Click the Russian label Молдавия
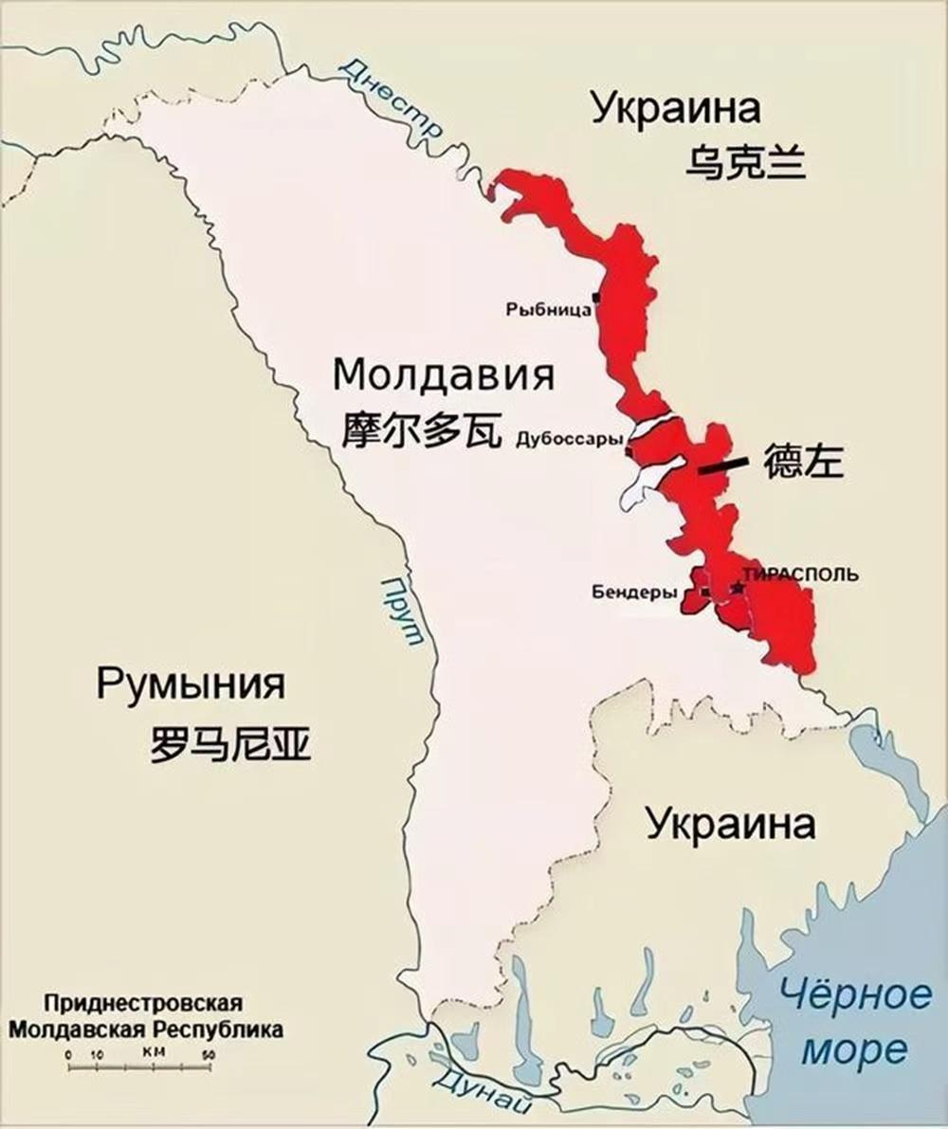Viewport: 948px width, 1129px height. coord(444,376)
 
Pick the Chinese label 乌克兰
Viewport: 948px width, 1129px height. coord(745,162)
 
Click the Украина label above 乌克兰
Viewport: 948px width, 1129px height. coord(676,108)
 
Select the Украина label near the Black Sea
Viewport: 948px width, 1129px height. coord(730,824)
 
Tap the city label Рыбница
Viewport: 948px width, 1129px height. coord(548,309)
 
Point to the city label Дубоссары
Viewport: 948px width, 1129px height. coord(570,440)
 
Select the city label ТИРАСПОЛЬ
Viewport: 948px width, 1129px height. coord(801,574)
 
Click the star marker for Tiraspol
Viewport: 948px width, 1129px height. coord(738,589)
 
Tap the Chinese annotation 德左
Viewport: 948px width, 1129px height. coord(804,462)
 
